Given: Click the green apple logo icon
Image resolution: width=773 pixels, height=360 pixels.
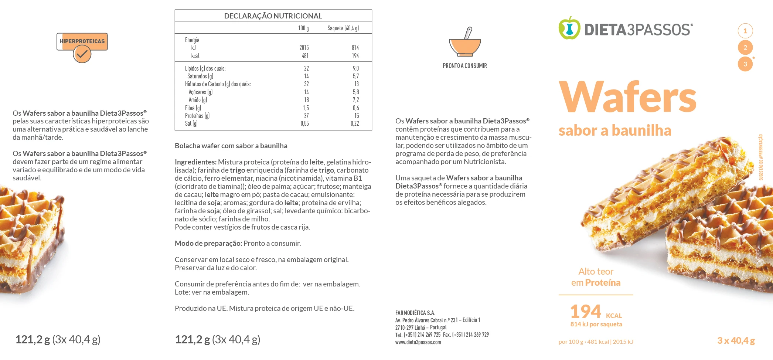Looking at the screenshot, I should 569,28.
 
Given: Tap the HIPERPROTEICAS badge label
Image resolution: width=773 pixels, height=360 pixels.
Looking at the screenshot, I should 82,41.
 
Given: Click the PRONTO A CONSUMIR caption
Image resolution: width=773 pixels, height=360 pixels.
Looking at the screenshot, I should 465,66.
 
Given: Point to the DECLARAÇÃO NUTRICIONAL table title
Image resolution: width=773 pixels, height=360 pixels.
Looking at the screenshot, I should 273,16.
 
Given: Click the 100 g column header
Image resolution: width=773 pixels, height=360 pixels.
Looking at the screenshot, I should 303,28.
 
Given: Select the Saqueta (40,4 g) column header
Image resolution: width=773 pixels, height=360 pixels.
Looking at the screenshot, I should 343,28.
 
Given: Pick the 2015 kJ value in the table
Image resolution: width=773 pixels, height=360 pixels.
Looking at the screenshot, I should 304,48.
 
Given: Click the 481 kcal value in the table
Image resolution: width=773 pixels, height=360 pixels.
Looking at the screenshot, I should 305,56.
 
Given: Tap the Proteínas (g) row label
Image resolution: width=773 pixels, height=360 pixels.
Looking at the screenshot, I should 197,116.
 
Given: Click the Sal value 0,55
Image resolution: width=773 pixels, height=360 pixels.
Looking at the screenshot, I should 304,123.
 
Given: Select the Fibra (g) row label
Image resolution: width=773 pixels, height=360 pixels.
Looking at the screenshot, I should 193,108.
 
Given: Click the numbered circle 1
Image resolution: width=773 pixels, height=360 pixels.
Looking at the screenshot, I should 745,31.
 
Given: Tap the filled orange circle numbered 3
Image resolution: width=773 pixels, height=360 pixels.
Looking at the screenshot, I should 745,64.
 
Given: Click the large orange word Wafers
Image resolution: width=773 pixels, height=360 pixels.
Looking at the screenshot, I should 627,97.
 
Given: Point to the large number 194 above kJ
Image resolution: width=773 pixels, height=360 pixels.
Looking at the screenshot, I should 586,311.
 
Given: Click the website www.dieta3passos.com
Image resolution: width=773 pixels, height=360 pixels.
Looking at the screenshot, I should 418,342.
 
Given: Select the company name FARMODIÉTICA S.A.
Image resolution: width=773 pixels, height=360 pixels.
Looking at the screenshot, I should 415,313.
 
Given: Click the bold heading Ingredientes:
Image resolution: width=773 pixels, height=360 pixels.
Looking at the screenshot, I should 195,162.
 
